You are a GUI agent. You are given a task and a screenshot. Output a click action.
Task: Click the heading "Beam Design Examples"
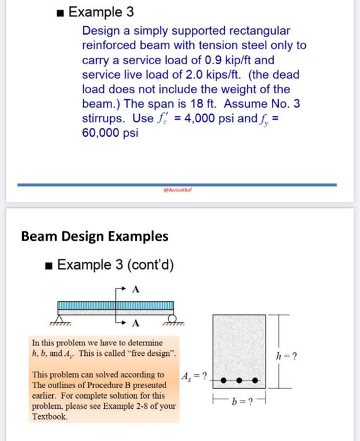click(94, 236)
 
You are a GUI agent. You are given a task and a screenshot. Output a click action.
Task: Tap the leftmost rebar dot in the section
click(225, 381)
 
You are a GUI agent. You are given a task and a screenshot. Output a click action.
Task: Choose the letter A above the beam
click(135, 290)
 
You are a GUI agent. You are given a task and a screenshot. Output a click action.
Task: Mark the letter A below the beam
click(135, 324)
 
